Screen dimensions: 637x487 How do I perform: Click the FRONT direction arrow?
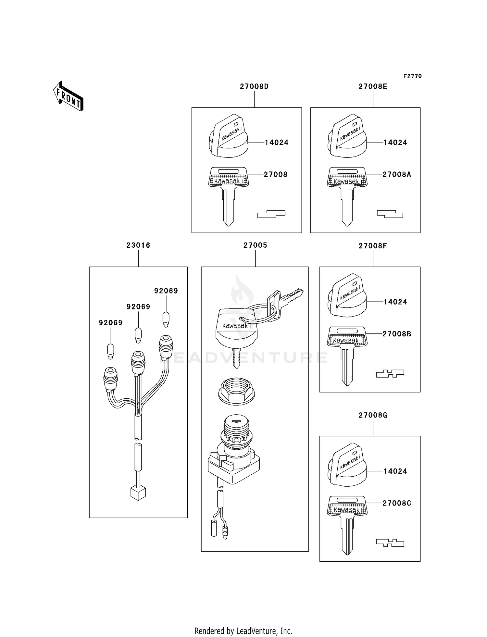[x=69, y=96]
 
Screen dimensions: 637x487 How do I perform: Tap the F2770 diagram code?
[x=412, y=76]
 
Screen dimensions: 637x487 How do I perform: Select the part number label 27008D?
[x=254, y=86]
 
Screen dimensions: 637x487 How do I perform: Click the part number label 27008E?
[x=373, y=86]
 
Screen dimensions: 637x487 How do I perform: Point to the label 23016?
[x=138, y=245]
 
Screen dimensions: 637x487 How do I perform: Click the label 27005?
[x=255, y=245]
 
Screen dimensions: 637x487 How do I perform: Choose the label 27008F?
[x=373, y=246]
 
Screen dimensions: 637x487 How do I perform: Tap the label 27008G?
[x=373, y=415]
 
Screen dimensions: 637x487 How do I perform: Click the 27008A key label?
[x=397, y=174]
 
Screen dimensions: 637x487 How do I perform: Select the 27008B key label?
[x=397, y=334]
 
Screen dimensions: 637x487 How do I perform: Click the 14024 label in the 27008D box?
[x=277, y=142]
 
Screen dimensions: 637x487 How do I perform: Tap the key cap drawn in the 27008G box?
[x=347, y=465]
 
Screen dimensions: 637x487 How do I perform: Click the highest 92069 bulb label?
[x=166, y=291]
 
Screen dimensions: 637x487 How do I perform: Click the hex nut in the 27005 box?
[x=236, y=391]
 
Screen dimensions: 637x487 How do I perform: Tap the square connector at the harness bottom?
[x=138, y=493]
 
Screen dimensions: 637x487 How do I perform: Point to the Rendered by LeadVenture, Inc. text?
[x=243, y=631]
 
